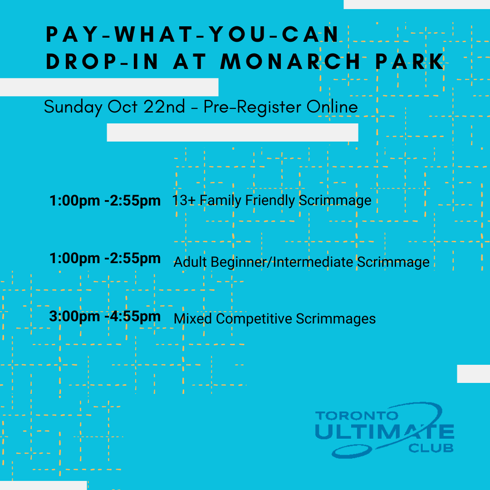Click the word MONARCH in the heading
(290, 61)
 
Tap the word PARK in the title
(409, 61)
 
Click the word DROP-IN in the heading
(102, 61)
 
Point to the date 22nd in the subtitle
(164, 107)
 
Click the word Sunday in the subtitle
(73, 107)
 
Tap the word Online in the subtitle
(332, 107)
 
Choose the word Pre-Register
(253, 107)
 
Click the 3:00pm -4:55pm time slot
(105, 316)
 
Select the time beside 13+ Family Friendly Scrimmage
(105, 201)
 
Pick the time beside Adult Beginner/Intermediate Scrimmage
(105, 259)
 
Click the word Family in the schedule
(220, 201)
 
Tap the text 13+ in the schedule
(184, 201)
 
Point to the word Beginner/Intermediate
(282, 262)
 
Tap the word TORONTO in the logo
(357, 416)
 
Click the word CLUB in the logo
(431, 448)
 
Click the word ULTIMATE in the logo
(384, 431)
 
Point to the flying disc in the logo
(352, 451)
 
